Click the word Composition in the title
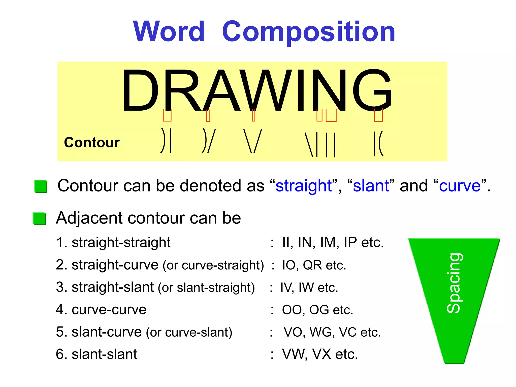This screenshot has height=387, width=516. pyautogui.click(x=309, y=32)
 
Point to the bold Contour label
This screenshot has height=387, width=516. pyautogui.click(x=92, y=143)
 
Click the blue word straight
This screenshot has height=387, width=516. pyautogui.click(x=304, y=186)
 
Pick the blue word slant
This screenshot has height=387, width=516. pyautogui.click(x=371, y=186)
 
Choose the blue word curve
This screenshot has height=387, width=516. pyautogui.click(x=460, y=186)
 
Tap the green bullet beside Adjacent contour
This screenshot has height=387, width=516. pyautogui.click(x=40, y=218)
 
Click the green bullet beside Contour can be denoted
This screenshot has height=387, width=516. pyautogui.click(x=41, y=186)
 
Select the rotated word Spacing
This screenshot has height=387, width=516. pyautogui.click(x=454, y=283)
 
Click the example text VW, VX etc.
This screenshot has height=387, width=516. pyautogui.click(x=320, y=354)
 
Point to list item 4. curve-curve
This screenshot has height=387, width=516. pyautogui.click(x=101, y=309)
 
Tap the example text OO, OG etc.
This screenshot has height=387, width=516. pyautogui.click(x=317, y=310)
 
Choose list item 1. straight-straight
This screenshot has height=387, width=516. pyautogui.click(x=113, y=243)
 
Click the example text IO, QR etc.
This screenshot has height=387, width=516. pyautogui.click(x=314, y=265)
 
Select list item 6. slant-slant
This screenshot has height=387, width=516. pyautogui.click(x=96, y=354)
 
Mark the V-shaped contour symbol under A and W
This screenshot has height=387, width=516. pyautogui.click(x=253, y=141)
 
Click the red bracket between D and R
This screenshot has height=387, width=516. pyautogui.click(x=167, y=115)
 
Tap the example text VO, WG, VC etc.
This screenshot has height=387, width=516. pyautogui.click(x=332, y=332)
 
